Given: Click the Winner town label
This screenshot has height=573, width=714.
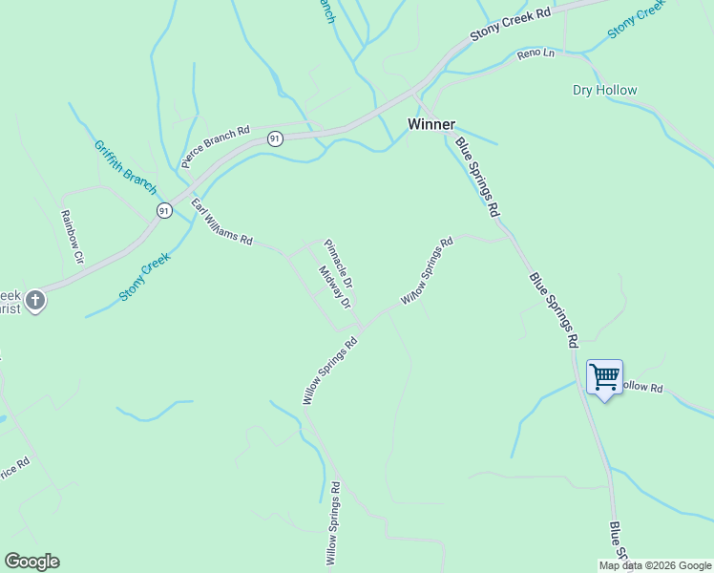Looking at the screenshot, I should (x=430, y=124).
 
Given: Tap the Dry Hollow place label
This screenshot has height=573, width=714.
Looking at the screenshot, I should (x=604, y=91).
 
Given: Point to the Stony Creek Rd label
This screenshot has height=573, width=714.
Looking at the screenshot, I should (x=511, y=27).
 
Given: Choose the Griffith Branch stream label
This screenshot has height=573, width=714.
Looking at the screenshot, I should (x=124, y=167).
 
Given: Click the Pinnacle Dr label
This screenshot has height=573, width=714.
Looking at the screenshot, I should (x=339, y=264).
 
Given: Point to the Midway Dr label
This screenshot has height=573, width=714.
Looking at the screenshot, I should (x=335, y=286).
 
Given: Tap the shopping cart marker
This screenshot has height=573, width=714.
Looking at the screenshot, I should (x=604, y=377).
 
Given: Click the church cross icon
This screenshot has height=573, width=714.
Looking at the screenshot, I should (x=34, y=302).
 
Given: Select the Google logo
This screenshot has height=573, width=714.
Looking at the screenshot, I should (x=31, y=562).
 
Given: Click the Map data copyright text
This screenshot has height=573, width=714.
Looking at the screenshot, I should (x=655, y=565).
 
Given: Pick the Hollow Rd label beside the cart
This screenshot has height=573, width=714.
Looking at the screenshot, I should (x=642, y=387).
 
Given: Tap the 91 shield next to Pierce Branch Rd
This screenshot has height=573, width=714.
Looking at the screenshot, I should (x=275, y=138).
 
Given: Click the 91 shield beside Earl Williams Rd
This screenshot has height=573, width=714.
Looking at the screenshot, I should (x=164, y=210).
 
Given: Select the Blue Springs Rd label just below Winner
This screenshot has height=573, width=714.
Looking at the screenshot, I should (x=477, y=175).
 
